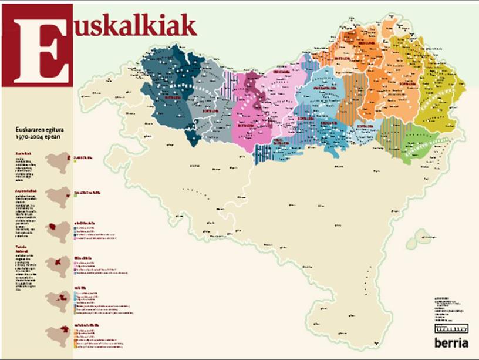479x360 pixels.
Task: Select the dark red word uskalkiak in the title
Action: click(x=136, y=25)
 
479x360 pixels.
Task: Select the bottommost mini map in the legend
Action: click(x=58, y=334)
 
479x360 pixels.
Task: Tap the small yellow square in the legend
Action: click(x=76, y=162)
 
